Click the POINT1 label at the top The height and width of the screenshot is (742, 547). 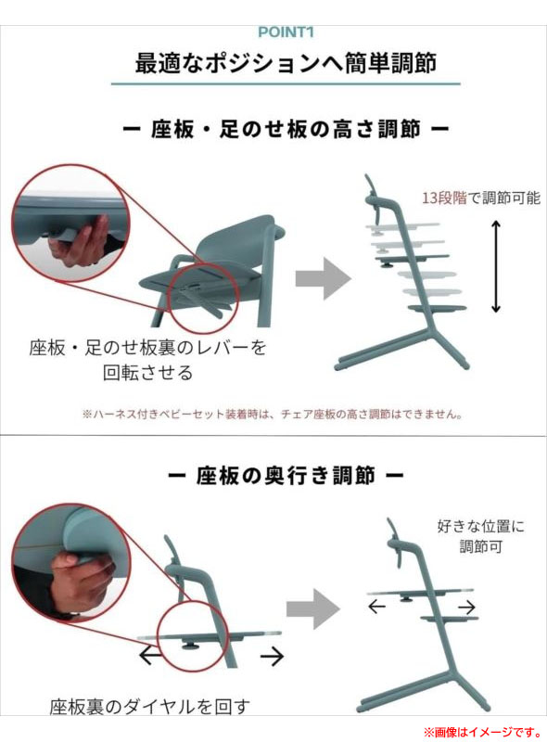coord(286,32)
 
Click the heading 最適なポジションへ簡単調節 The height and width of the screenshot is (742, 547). coord(286,63)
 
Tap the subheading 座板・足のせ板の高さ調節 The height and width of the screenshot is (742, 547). coord(286,129)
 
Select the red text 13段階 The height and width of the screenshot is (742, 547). coord(444,198)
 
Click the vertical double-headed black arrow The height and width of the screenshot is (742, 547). coord(495,266)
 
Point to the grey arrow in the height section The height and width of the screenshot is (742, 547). coord(324,278)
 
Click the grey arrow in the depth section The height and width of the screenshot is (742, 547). coord(313,608)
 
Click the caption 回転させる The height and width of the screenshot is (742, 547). coord(148,373)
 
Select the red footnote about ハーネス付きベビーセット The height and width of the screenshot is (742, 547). coord(272,415)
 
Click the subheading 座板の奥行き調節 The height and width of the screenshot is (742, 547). coord(286,475)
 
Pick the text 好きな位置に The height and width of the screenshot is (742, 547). coord(481,526)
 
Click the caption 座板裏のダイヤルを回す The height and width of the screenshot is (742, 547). coord(149,707)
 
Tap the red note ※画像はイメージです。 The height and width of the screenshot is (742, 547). coord(483,732)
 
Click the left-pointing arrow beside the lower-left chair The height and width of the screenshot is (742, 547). coord(151,656)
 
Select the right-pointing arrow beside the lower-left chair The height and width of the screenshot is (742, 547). coord(272,656)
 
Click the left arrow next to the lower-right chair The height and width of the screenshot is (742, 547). coord(376,607)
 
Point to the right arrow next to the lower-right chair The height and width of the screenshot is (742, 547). coord(466,607)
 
